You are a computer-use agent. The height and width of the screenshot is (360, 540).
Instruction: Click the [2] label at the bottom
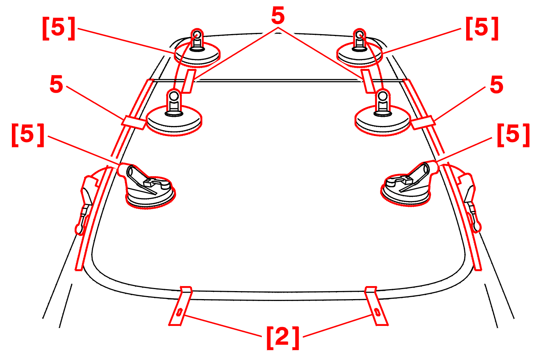pyautogui.click(x=283, y=338)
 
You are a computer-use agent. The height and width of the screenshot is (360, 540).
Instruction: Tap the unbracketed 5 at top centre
pyautogui.click(x=278, y=16)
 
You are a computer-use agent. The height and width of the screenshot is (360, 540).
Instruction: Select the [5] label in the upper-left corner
pyautogui.click(x=59, y=28)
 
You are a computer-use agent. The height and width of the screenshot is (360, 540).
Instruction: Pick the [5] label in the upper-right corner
pyautogui.click(x=482, y=28)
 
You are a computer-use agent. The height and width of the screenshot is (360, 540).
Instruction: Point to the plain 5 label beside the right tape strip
pyautogui.click(x=497, y=85)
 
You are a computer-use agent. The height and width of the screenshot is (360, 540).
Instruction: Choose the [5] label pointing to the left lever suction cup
pyautogui.click(x=28, y=135)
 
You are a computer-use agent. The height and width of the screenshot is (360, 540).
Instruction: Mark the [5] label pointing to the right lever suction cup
pyautogui.click(x=514, y=135)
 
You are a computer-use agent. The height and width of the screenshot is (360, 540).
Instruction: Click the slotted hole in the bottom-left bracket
pyautogui.click(x=179, y=312)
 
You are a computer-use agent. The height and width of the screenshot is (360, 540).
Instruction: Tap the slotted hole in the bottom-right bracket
pyautogui.click(x=377, y=312)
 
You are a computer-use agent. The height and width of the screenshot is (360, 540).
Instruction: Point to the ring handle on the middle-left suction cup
pyautogui.click(x=174, y=96)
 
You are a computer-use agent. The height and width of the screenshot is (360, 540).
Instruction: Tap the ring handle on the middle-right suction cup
pyautogui.click(x=383, y=96)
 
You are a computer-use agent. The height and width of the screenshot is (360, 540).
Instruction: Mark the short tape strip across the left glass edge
pyautogui.click(x=134, y=123)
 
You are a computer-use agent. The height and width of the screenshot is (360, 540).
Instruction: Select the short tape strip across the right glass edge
pyautogui.click(x=423, y=123)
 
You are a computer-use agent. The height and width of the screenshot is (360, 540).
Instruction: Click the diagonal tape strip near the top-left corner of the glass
pyautogui.click(x=189, y=81)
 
